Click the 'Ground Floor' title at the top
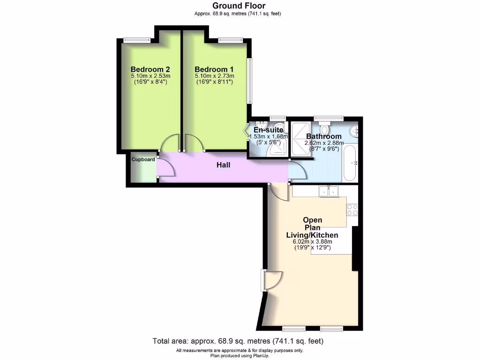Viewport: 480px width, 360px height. (239, 6)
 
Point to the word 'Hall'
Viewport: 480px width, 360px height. (223, 165)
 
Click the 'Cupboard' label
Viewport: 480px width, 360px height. (143, 159)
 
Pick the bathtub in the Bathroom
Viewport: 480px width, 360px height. (350, 163)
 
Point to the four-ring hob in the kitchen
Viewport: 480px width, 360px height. (352, 209)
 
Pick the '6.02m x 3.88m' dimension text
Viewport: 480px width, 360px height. (312, 241)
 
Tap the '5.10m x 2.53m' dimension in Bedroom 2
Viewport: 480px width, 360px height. (150, 76)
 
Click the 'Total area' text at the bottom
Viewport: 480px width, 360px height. (238, 341)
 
